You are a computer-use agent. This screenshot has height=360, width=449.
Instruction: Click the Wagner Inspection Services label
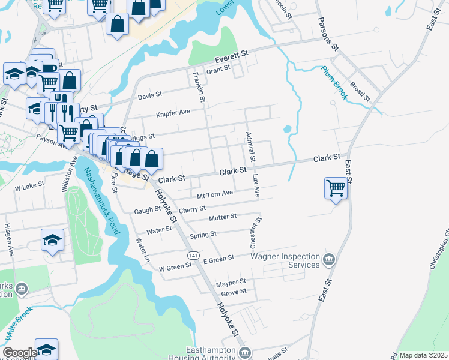click(285, 260)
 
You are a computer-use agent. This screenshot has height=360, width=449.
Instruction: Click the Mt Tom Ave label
click(215, 194)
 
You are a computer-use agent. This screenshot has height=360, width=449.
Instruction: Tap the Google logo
click(19, 353)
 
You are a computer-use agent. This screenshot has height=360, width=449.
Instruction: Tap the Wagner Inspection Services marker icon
click(328, 260)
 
